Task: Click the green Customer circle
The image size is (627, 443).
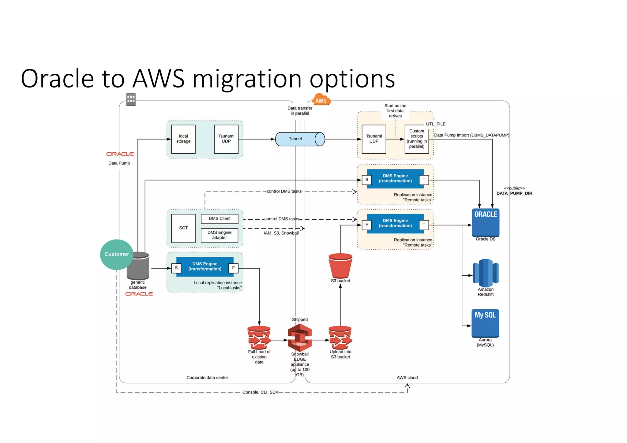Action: (x=117, y=254)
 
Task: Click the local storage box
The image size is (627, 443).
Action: (x=183, y=139)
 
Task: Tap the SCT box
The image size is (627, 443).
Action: (x=183, y=228)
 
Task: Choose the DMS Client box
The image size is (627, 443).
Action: (x=220, y=218)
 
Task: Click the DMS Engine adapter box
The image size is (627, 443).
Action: (x=220, y=235)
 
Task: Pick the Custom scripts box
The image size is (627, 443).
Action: (x=416, y=139)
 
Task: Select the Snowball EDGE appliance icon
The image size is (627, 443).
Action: (x=300, y=338)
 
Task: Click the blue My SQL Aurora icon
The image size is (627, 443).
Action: (x=485, y=323)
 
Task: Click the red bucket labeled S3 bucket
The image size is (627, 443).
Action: (x=340, y=265)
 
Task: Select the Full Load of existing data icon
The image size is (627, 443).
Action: (x=259, y=338)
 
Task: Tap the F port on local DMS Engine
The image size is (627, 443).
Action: (x=233, y=268)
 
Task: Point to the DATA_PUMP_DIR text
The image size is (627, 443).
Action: (x=514, y=193)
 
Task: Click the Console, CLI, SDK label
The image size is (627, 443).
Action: (x=260, y=392)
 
